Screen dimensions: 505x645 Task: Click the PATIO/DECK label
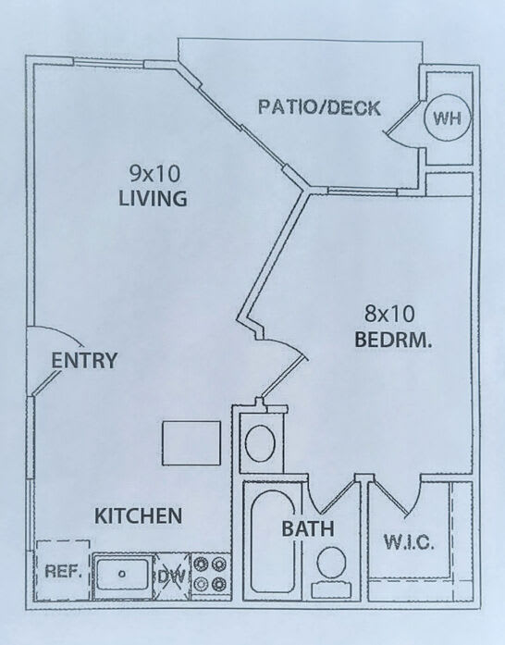319,107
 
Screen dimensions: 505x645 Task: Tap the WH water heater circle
447,118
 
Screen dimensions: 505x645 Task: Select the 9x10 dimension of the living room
154,174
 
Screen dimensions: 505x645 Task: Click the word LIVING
153,198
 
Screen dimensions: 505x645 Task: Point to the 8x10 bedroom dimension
389,314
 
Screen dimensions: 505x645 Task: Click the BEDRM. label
393,340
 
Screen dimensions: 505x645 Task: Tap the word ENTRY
84,360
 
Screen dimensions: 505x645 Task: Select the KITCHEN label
138,515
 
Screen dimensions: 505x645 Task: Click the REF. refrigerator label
61,571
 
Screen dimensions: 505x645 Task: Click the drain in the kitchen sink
122,574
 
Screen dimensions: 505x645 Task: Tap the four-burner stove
211,574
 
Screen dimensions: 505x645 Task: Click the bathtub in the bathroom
273,541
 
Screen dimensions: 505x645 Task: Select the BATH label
308,528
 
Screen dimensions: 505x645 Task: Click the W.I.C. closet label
409,542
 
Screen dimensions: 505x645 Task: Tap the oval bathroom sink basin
260,443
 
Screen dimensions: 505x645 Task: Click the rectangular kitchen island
191,443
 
